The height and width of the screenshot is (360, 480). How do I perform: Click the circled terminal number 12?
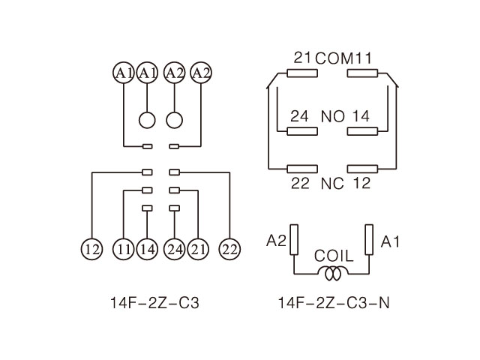(91, 249)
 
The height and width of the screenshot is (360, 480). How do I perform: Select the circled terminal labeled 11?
(123, 249)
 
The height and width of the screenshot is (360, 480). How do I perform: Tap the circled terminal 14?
(147, 249)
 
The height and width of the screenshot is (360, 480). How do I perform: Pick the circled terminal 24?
(175, 249)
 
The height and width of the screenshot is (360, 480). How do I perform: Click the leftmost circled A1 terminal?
(122, 73)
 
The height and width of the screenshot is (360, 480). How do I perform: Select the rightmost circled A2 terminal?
(200, 73)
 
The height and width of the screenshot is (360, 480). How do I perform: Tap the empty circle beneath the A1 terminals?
(147, 120)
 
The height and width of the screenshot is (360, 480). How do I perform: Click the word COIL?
(334, 255)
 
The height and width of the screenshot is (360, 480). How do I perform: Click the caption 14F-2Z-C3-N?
(333, 304)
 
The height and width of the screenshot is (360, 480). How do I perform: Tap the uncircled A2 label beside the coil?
(277, 241)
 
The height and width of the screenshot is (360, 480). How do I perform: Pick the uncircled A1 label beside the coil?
(390, 241)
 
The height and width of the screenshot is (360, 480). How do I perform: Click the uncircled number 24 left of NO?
(299, 116)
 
